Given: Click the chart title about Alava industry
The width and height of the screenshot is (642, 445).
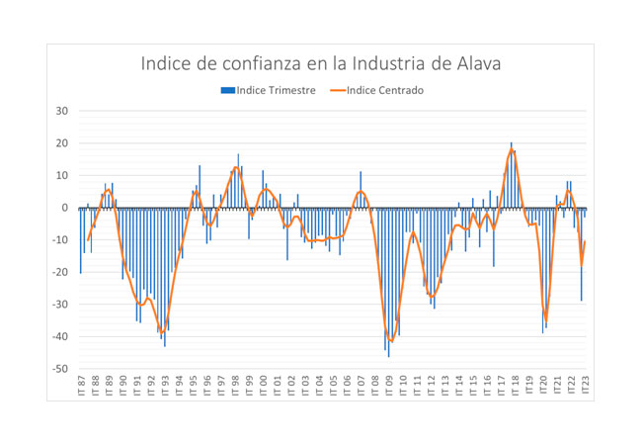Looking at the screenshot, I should point(321,64).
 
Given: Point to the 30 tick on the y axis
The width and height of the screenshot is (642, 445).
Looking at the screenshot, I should point(59,111).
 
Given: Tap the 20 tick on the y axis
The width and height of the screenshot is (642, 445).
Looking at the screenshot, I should point(59,143).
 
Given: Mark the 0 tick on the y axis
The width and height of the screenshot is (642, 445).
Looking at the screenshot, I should point(63,208).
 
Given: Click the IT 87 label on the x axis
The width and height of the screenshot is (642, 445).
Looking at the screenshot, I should point(81,386).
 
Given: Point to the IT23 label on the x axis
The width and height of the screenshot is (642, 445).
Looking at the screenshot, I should point(585,386).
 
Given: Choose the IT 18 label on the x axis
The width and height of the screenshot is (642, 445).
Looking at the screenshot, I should point(515,386).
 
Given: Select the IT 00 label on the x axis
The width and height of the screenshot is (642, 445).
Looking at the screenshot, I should point(263,386).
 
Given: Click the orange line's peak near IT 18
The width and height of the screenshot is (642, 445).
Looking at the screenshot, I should point(512,150).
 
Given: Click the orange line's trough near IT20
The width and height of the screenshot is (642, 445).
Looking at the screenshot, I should point(545,320).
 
